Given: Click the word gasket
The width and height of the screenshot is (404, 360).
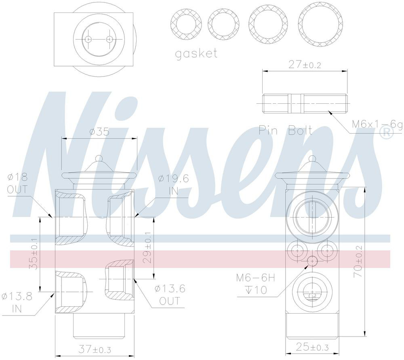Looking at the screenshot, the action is [x=196, y=54].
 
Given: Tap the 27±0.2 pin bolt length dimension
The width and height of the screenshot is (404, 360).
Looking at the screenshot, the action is [x=305, y=65].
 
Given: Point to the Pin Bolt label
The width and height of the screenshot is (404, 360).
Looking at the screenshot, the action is [x=286, y=131].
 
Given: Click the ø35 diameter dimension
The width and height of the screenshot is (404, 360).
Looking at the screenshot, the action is [x=99, y=132].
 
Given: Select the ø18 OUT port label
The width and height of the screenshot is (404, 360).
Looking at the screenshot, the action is [x=17, y=184].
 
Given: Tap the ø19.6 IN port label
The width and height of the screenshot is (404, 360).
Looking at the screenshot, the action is [x=173, y=184].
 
